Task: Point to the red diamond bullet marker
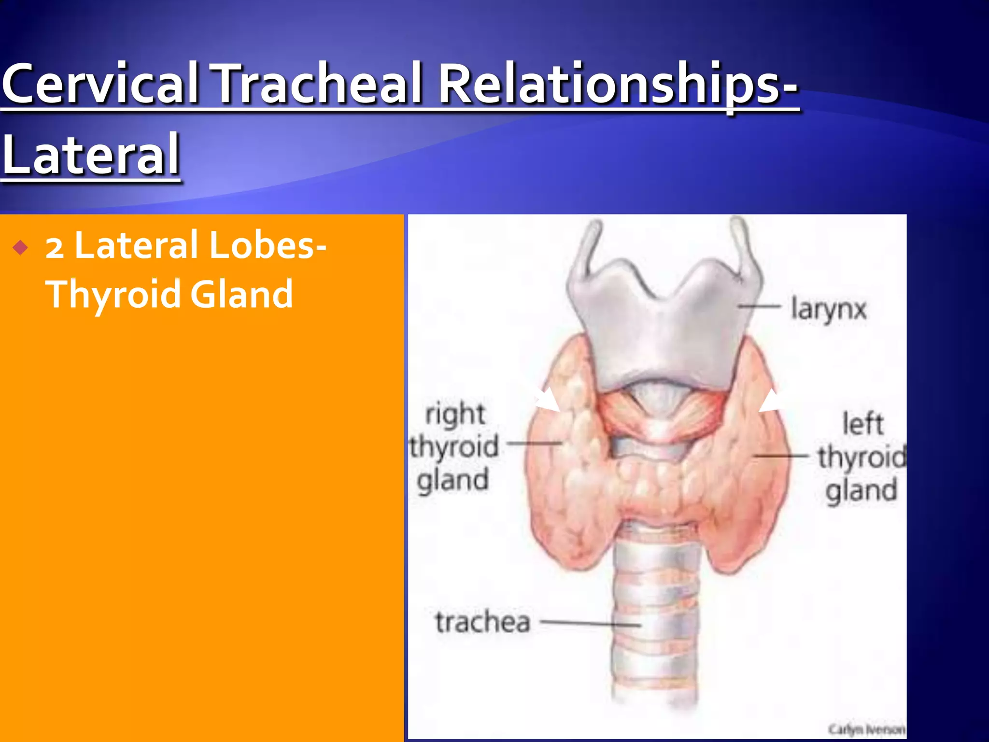(21, 248)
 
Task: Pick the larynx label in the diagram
(829, 309)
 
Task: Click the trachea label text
(483, 622)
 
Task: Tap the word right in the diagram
(455, 414)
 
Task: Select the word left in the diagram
(862, 424)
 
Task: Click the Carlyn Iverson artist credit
(866, 729)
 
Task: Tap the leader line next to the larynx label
(759, 306)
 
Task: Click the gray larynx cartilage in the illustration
(662, 328)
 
